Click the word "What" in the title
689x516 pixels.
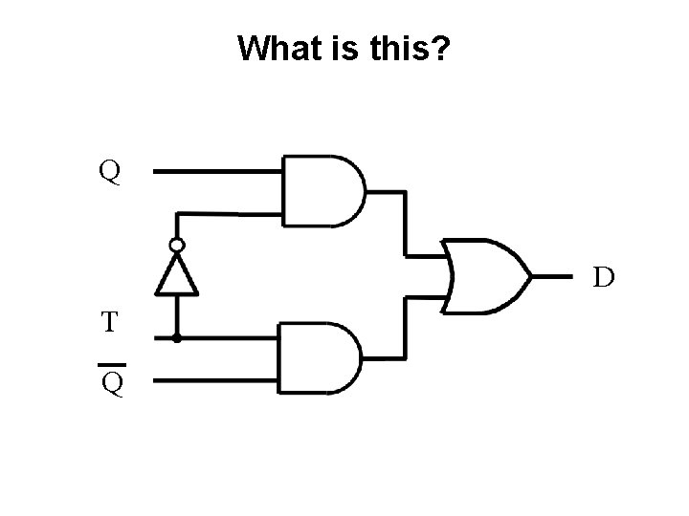click(x=274, y=47)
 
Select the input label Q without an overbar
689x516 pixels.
click(x=110, y=172)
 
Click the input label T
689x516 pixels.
click(x=110, y=322)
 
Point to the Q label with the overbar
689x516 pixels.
click(x=111, y=384)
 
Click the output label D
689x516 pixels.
click(x=602, y=278)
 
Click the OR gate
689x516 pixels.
click(x=488, y=275)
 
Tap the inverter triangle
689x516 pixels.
click(x=177, y=276)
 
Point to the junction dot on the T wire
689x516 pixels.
click(x=177, y=337)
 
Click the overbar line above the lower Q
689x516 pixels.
click(x=111, y=365)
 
